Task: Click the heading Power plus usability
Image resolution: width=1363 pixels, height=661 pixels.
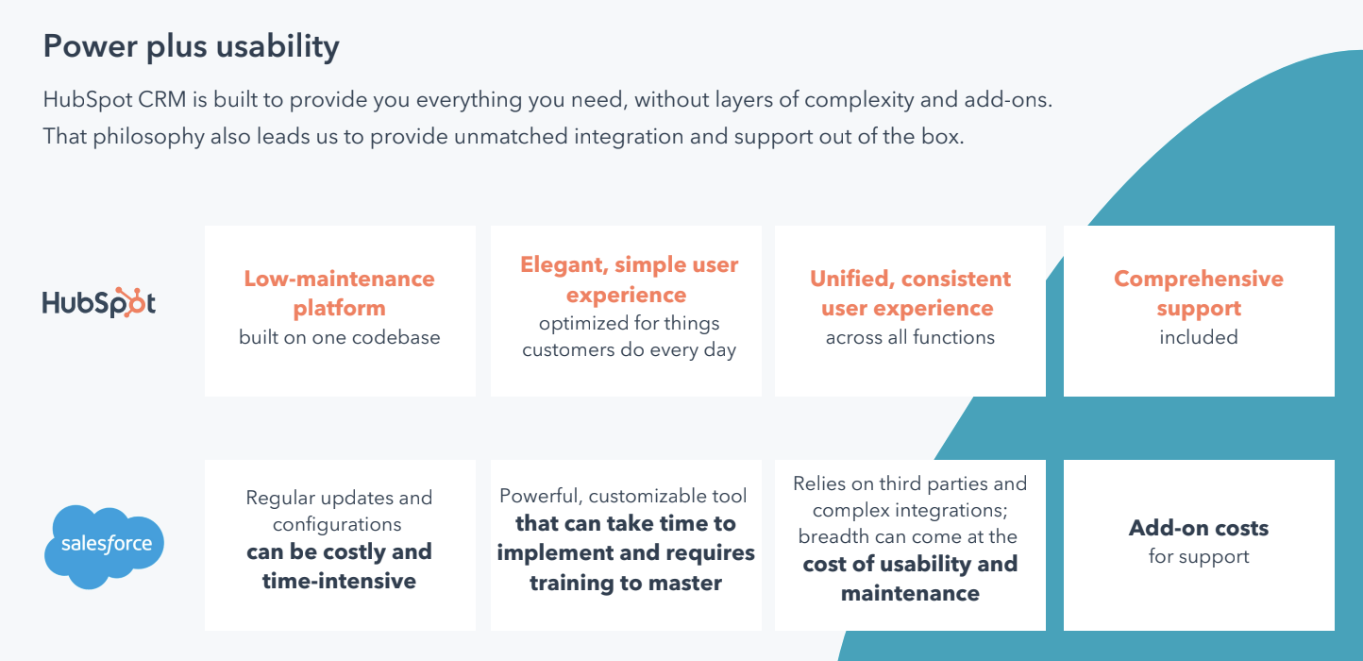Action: coord(191,47)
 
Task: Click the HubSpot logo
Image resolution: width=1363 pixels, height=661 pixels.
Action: coord(99,302)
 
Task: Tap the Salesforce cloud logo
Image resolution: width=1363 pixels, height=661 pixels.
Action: coord(104,546)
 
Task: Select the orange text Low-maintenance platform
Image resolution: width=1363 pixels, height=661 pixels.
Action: coord(339,293)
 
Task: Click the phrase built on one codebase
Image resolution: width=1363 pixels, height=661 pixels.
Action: coord(339,337)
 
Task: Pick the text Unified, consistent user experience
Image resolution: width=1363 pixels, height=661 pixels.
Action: coord(910,293)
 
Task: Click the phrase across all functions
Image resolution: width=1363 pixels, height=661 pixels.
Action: coord(910,337)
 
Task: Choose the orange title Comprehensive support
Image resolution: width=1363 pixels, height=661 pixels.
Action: coord(1198,293)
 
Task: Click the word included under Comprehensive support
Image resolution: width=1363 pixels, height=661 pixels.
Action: coord(1198,337)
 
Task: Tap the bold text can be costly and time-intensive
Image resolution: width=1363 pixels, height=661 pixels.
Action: coord(339,566)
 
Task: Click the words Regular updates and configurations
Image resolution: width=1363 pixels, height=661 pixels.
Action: coord(339,510)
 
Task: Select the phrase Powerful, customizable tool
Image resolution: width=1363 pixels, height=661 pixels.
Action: coord(623,496)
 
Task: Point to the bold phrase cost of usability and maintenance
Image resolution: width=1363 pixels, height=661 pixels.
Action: coord(910,578)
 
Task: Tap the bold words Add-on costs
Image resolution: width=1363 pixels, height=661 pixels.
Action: coord(1198,528)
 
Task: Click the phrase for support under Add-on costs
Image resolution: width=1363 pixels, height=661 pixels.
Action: coord(1198,556)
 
